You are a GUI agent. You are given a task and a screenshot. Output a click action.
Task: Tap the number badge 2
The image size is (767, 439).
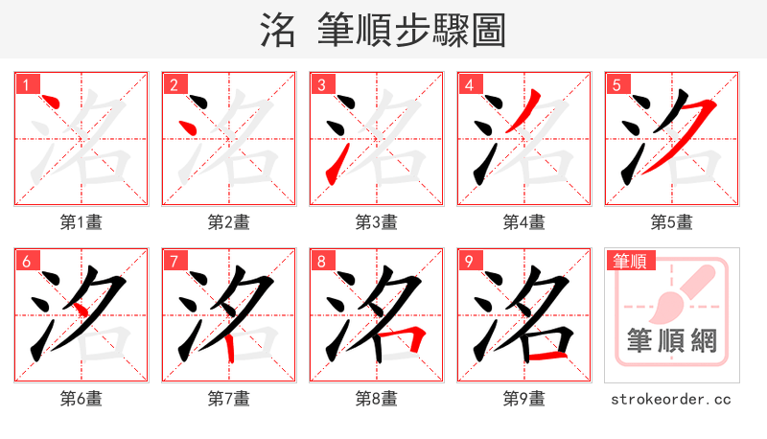tap(174, 85)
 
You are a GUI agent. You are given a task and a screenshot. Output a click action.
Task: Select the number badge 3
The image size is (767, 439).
tap(322, 85)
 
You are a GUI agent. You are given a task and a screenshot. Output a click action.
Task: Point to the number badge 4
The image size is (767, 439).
tap(470, 85)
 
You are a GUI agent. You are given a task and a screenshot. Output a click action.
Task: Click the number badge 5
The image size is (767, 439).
tap(617, 85)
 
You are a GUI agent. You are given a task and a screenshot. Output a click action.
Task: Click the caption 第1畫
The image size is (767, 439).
tap(81, 222)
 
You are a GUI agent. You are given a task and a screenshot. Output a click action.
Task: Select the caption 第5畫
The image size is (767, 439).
tap(671, 222)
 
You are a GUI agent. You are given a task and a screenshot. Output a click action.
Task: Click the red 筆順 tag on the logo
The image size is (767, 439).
tap(631, 261)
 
